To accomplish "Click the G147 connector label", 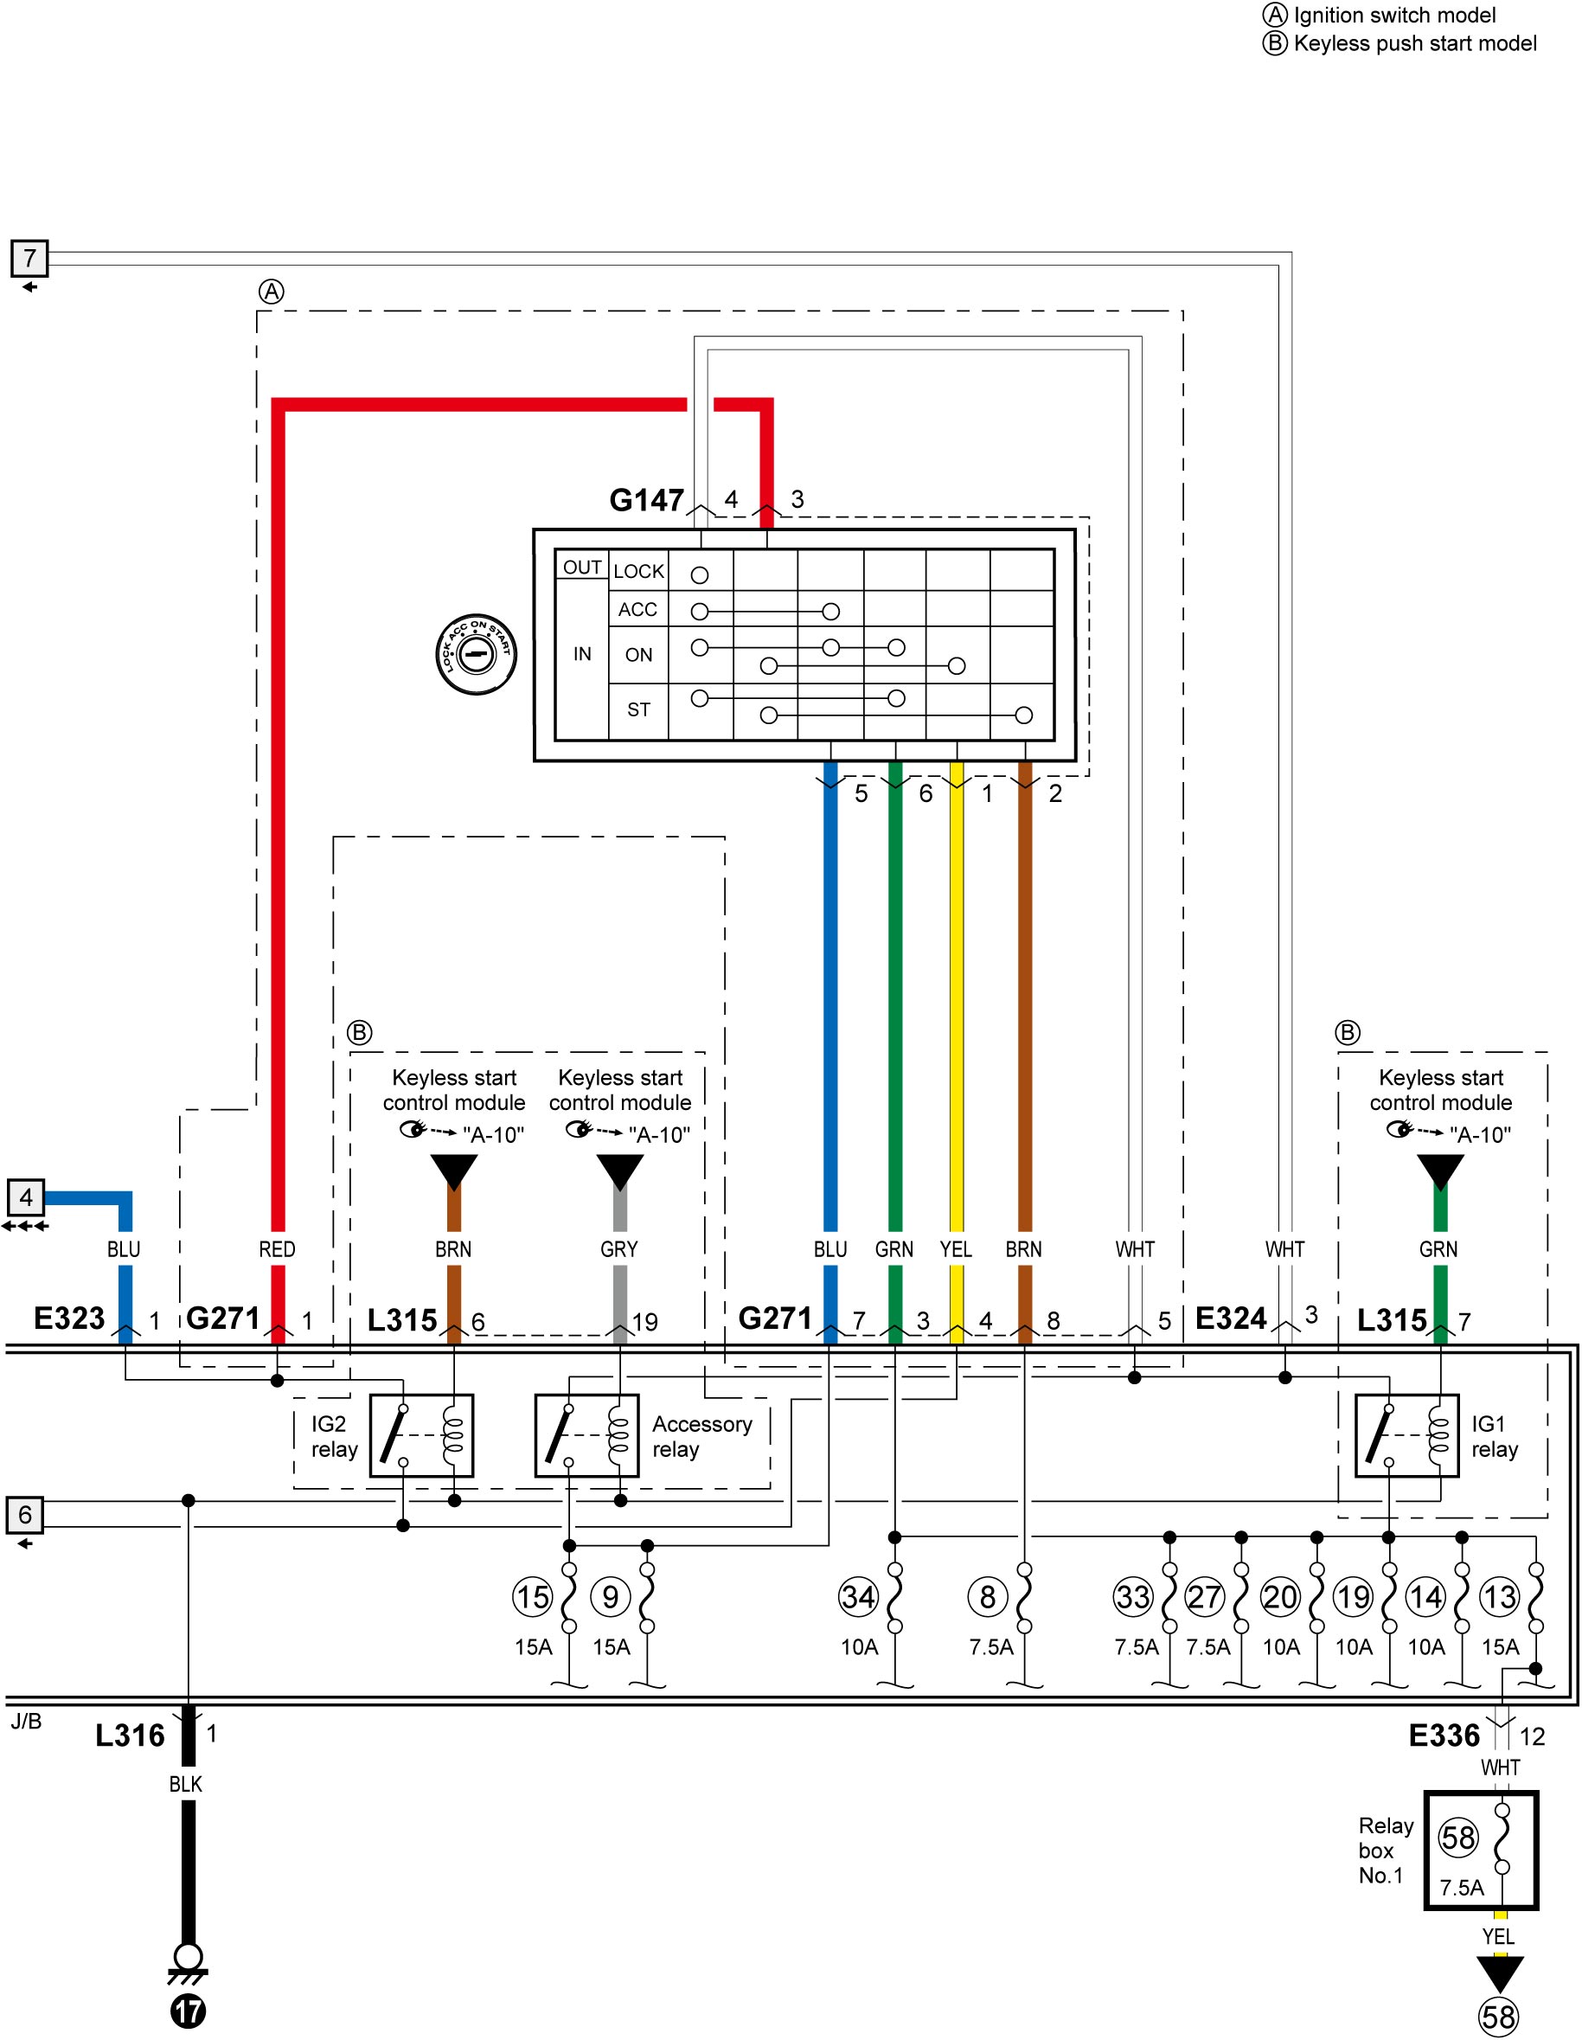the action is coord(646,501).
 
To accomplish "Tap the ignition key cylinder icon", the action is coord(477,655).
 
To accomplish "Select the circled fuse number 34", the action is coord(858,1596).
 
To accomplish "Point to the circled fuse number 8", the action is coord(987,1596).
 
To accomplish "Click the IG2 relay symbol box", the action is coord(421,1435).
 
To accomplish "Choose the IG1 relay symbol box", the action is coord(1406,1435).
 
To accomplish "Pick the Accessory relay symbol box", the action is coord(586,1435).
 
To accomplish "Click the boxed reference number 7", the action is coord(29,258).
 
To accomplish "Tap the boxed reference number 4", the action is coord(26,1196).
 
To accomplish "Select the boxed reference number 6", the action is coord(24,1514).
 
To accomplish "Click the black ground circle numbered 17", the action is coord(188,2011).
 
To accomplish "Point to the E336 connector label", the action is coord(1444,1735).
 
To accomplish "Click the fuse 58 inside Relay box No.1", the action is coord(1457,1838).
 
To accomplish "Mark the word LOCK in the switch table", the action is coord(639,571).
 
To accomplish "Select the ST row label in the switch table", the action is coord(639,710).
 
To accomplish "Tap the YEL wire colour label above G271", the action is coord(956,1249).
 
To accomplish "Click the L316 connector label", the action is coord(130,1735).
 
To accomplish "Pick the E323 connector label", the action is coord(69,1318).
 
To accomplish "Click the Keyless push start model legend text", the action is coord(1415,43).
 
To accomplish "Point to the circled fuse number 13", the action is coord(1499,1596).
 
